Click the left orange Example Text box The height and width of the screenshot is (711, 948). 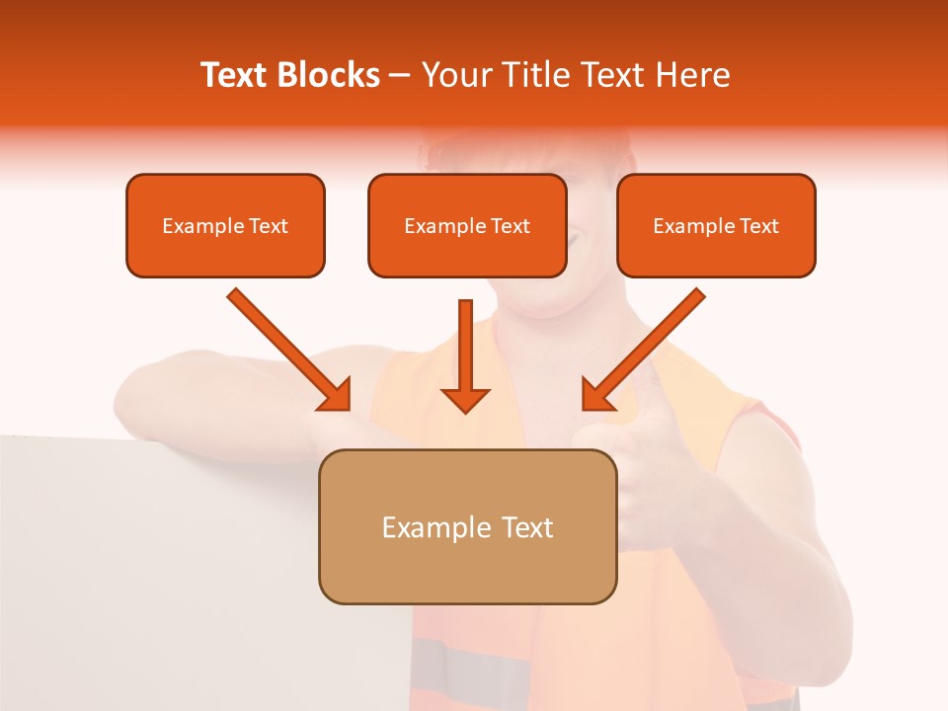tap(225, 226)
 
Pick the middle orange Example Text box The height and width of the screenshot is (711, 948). tap(467, 226)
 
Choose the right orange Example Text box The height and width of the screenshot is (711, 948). tap(716, 226)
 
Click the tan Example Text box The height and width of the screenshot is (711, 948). tap(467, 526)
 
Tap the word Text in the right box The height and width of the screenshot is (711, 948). tap(758, 226)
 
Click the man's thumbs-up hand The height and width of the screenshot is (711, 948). tap(632, 444)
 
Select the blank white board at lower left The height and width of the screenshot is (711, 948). tap(197, 573)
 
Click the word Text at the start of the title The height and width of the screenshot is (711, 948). tap(234, 75)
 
